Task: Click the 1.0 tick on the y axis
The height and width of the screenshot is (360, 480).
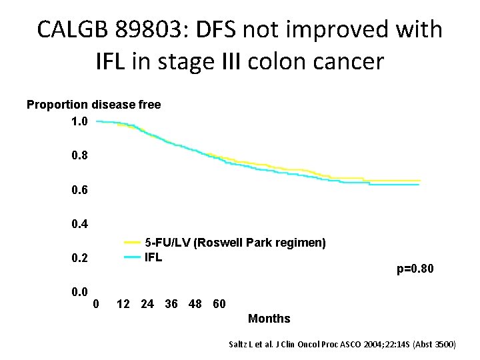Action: point(79,122)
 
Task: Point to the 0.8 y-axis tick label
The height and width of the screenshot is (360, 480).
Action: point(79,156)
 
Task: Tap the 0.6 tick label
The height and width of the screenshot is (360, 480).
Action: point(79,190)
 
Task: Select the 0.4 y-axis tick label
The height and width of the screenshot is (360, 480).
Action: point(79,223)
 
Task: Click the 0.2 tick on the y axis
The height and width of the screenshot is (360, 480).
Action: point(79,258)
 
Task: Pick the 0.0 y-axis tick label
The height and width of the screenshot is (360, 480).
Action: point(79,291)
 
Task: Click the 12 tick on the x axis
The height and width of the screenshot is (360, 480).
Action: point(123,304)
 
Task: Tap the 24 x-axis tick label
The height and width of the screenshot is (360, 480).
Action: point(147,304)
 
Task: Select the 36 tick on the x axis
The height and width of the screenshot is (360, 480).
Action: point(171,304)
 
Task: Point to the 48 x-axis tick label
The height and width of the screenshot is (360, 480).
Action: point(195,304)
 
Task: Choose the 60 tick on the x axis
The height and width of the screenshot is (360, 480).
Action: point(219,304)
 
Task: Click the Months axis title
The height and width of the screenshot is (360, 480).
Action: point(269,319)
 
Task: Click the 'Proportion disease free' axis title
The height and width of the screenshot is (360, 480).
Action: point(93,105)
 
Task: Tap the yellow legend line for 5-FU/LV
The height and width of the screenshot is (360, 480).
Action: point(131,243)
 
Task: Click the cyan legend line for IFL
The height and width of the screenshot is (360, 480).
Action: point(131,257)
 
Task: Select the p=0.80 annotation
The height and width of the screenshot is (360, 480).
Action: point(415,269)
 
